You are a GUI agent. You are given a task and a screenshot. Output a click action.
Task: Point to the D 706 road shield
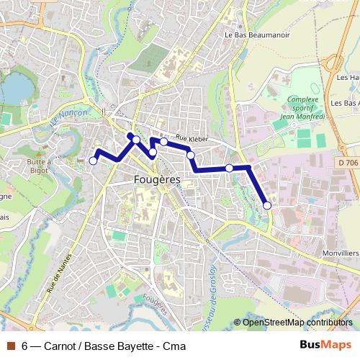pos(347,163)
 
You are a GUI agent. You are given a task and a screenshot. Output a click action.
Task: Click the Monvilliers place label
pos(341,254)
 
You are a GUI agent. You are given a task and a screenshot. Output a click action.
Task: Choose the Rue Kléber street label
pos(191,138)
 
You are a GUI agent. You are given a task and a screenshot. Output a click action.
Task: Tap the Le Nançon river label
pos(69,120)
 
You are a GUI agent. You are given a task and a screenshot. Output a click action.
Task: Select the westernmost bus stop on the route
pos(93,161)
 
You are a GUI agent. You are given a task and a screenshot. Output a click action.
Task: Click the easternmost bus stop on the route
pos(267,206)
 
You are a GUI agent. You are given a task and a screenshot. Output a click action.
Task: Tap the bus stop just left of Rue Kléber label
pos(164,142)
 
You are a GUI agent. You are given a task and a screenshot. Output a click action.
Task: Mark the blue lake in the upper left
pos(16,88)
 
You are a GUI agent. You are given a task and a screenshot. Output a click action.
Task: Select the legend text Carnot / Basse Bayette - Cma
pos(115,346)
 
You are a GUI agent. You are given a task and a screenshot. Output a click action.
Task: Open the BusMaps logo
pos(325,346)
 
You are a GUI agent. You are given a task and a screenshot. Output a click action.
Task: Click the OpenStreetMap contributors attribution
pos(297,323)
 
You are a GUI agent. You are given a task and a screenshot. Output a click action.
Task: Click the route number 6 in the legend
pos(25,346)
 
